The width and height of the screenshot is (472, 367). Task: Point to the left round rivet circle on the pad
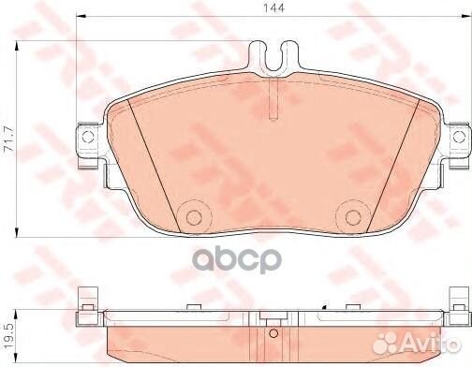[195, 215]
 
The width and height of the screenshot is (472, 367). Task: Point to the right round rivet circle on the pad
[355, 215]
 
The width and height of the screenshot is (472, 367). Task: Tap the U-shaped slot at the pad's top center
[274, 57]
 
